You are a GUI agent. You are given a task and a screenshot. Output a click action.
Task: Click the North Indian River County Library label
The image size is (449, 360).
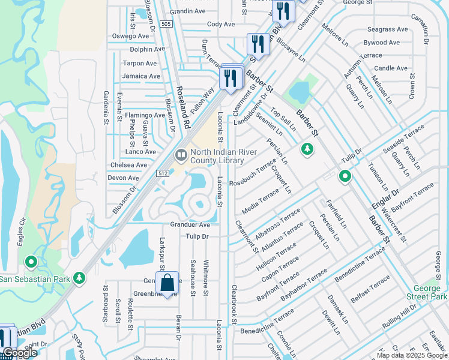tap(220, 156)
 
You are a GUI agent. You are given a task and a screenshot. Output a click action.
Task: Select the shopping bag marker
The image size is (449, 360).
tap(167, 282)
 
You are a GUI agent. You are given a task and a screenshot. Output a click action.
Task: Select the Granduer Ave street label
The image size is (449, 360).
tap(190, 224)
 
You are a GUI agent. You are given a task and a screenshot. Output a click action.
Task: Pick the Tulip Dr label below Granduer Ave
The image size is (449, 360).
tap(196, 236)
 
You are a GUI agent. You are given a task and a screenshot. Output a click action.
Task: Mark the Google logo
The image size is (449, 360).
tap(20, 353)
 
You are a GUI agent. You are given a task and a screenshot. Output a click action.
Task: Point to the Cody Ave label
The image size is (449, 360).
tap(221, 24)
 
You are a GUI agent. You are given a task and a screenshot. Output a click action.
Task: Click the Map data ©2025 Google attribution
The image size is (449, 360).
tap(412, 355)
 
